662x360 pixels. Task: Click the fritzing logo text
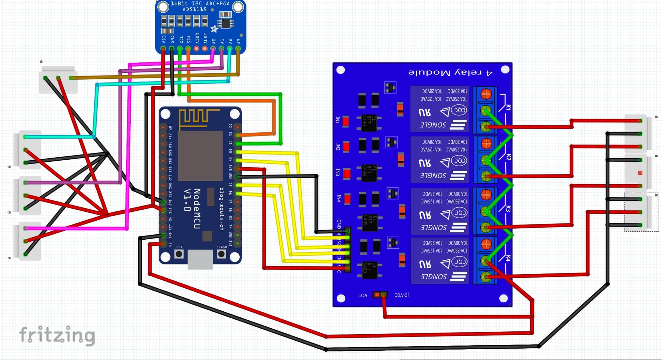pos(57,335)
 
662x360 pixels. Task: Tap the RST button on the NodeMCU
pos(179,254)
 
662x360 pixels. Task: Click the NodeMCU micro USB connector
pos(200,259)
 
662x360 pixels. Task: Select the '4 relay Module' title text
pos(450,73)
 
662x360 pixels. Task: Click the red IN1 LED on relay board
pos(345,121)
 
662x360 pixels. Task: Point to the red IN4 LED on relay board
pos(347,199)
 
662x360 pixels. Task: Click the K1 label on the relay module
pos(508,107)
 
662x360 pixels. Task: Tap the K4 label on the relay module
pos(508,258)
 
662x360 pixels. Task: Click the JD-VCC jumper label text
pos(402,295)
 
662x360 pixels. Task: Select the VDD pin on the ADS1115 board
pos(163,49)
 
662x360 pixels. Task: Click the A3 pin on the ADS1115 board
pos(238,49)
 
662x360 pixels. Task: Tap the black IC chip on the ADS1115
pos(225,23)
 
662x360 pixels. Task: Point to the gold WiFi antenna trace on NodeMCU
pos(198,117)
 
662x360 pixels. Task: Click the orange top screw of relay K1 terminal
pos(486,93)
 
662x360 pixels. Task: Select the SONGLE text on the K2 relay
pos(433,176)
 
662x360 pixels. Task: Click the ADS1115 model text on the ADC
pos(195,10)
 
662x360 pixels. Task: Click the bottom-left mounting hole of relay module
pos(341,298)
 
